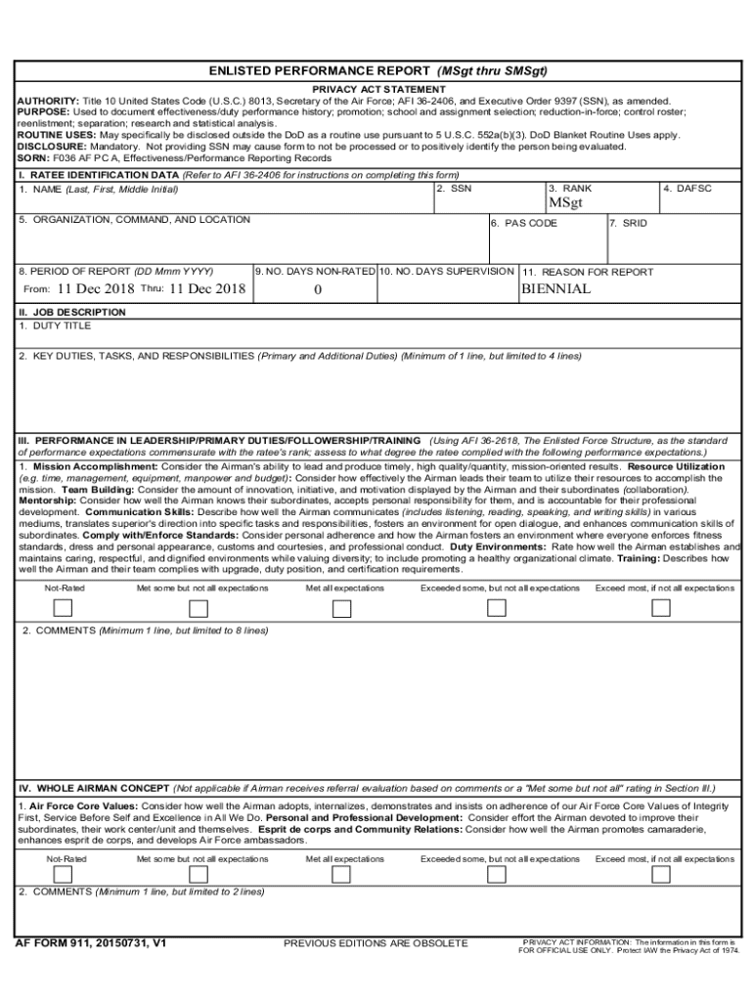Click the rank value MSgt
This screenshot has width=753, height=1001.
564,203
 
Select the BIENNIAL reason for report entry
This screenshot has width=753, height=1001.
555,289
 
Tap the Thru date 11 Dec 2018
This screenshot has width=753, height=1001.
206,289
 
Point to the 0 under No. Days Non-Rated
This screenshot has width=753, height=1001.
318,290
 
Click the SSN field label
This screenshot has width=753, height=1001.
454,188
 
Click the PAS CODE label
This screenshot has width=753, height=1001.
531,224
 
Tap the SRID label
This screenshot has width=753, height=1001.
630,224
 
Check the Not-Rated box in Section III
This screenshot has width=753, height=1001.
64,608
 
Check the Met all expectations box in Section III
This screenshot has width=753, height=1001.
341,608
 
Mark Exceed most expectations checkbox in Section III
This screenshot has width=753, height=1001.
661,608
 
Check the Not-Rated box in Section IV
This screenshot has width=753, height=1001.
64,874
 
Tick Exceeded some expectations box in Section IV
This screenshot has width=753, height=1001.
498,874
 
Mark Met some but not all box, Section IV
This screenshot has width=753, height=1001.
199,874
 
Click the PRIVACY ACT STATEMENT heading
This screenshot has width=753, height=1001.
378,89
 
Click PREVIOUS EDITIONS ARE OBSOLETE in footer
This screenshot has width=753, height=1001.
376,943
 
